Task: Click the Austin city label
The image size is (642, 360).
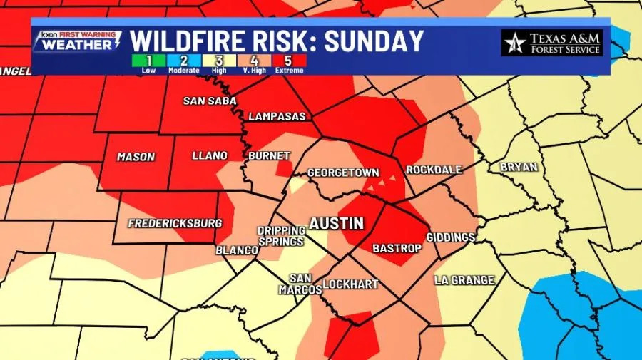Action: [x=336, y=223]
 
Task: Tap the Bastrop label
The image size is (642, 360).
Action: [x=397, y=248]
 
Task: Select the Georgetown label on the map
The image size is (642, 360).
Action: [x=343, y=173]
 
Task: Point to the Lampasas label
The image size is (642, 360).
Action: [x=277, y=116]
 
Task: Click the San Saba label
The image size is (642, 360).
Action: [x=205, y=101]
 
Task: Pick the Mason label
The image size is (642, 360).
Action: [x=135, y=157]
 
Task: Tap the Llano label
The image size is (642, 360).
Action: [x=210, y=155]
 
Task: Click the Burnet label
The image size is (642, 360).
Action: [x=269, y=155]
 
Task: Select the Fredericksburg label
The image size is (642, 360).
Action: [x=175, y=223]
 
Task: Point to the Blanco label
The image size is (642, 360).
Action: [x=237, y=250]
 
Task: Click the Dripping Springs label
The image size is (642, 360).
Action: [x=282, y=236]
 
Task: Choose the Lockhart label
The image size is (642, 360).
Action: [x=350, y=284]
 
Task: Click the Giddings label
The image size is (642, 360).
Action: [x=451, y=237]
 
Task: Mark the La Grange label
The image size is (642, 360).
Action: [x=464, y=280]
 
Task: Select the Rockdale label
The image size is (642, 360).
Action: [x=434, y=170]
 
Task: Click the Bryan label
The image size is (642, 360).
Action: [x=519, y=166]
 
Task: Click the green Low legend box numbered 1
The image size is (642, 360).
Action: [x=148, y=61]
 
